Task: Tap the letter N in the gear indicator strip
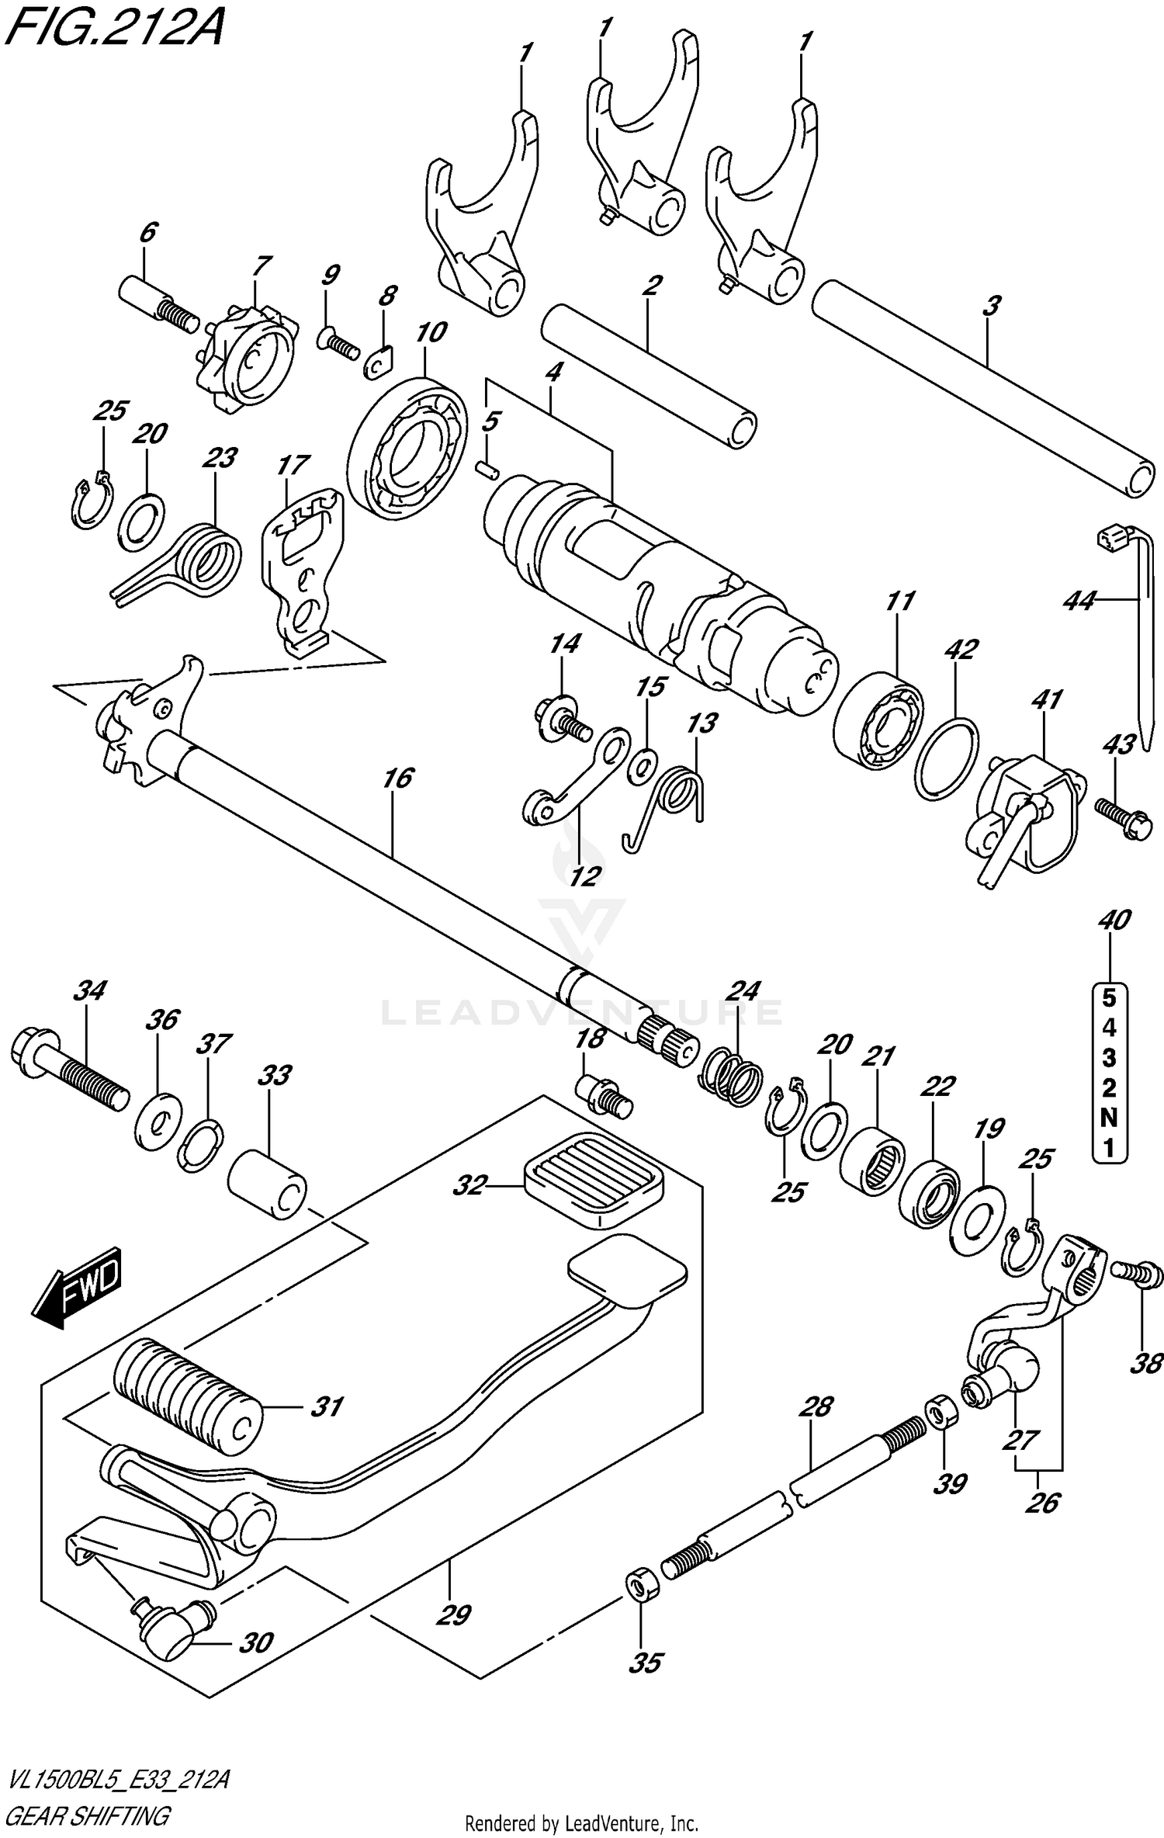point(1109,1118)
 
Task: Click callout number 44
point(1079,600)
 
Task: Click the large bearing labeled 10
point(407,448)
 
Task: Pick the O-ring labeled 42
point(946,757)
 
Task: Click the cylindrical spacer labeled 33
point(268,1185)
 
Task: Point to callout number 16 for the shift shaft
point(398,779)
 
